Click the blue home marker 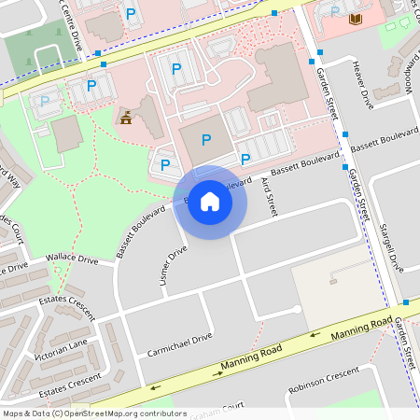pyautogui.click(x=210, y=201)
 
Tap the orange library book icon pyautogui.click(x=355, y=19)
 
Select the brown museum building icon pyautogui.click(x=125, y=118)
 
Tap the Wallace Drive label pyautogui.click(x=73, y=258)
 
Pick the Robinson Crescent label pyautogui.click(x=323, y=378)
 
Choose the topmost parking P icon pyautogui.click(x=131, y=14)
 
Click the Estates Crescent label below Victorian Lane pyautogui.click(x=69, y=381)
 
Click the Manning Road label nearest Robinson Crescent pyautogui.click(x=360, y=327)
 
